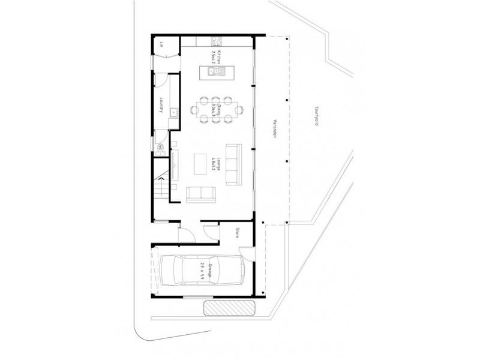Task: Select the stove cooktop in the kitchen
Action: coord(216,41)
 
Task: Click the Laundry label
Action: coord(163,106)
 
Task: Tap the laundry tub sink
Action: coord(172,111)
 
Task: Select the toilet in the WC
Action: coord(160,147)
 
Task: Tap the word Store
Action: coord(238,232)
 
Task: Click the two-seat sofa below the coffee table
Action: coord(199,194)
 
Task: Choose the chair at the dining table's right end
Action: coord(240,109)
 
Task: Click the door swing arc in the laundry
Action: coord(160,80)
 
